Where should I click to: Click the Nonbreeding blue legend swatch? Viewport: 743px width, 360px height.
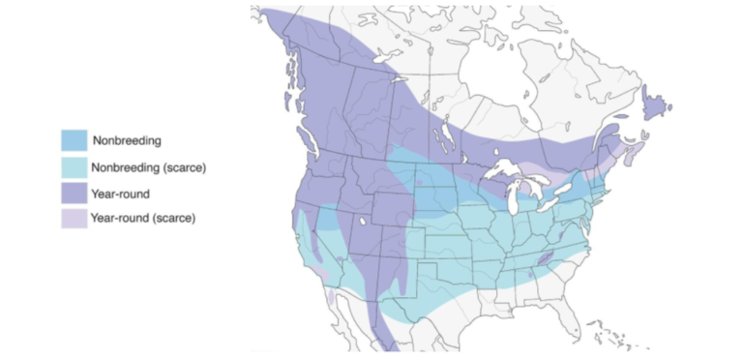tap(74, 141)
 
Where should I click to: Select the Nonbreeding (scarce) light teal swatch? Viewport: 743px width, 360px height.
tap(74, 167)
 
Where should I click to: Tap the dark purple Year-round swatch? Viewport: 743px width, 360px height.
tap(74, 193)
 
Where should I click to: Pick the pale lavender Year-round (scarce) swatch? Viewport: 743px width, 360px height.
tap(74, 218)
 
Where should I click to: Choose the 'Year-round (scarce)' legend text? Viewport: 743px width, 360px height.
tap(144, 218)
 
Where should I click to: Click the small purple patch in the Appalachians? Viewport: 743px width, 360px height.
tap(545, 256)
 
